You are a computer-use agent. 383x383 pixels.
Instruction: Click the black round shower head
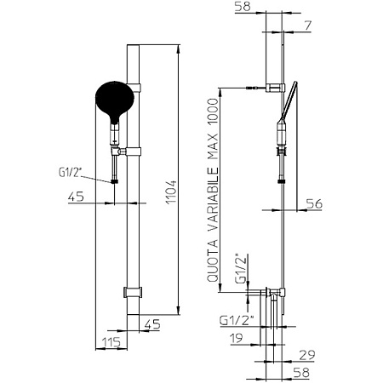[x=114, y=100]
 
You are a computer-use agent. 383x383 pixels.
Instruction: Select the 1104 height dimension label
[x=172, y=191]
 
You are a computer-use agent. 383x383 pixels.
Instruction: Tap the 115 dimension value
[x=111, y=342]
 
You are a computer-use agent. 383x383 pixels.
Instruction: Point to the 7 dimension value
[x=308, y=26]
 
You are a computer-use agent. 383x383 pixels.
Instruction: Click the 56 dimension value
[x=314, y=203]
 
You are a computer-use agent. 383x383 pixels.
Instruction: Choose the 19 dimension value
[x=237, y=338]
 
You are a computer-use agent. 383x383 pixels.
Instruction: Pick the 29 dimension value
[x=307, y=355]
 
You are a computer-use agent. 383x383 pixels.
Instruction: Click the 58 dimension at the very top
[x=243, y=7]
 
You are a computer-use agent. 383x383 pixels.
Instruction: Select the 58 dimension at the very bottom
[x=301, y=373]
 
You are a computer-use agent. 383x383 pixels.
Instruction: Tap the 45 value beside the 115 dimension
[x=152, y=324]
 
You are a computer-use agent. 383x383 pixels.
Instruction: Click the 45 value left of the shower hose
[x=76, y=197]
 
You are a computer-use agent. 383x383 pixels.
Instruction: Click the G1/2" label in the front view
[x=70, y=172]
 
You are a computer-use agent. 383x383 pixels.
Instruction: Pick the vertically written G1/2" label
[x=241, y=268]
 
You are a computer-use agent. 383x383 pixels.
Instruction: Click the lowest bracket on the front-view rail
[x=133, y=292]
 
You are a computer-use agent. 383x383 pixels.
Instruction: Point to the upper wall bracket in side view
[x=275, y=88]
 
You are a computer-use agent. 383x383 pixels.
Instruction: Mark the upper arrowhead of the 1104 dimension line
[x=178, y=49]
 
